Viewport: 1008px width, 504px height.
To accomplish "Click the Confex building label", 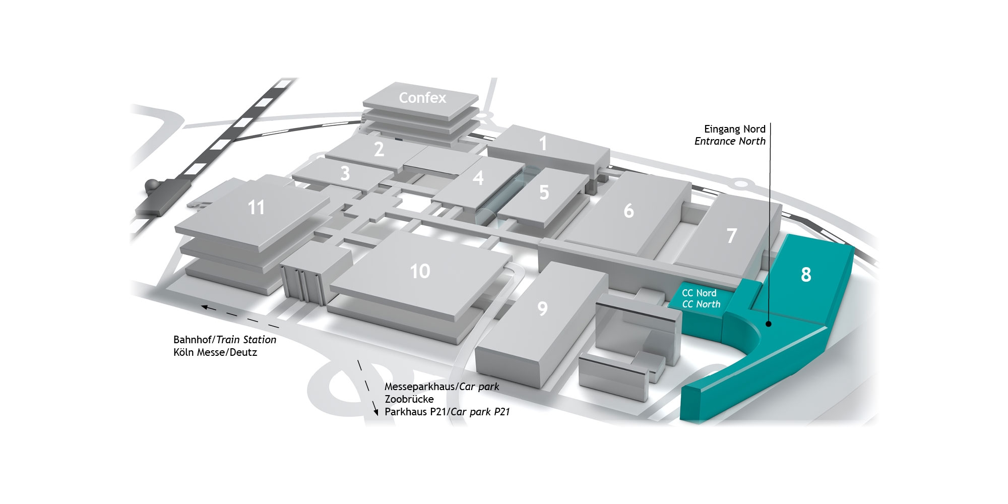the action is click(422, 98).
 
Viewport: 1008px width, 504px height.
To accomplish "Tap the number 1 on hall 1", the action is click(543, 144).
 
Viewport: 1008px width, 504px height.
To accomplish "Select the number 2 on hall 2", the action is click(379, 149).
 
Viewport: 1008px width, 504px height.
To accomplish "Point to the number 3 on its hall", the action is click(345, 173).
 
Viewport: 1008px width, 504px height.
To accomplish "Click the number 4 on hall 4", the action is click(478, 177).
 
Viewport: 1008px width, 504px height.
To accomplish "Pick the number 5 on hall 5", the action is click(544, 192).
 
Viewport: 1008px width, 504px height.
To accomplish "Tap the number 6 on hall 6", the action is click(628, 211).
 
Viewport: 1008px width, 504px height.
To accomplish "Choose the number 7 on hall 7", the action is click(731, 236).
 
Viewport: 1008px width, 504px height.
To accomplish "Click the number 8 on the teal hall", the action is click(806, 274).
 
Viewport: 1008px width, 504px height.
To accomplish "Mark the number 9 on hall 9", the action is click(542, 308).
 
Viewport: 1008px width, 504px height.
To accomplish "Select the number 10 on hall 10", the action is click(420, 271).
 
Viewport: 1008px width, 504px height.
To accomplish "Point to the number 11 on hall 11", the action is click(256, 207).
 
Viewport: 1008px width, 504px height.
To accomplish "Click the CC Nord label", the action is click(699, 293).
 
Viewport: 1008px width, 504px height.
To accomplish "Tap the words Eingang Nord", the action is click(735, 129).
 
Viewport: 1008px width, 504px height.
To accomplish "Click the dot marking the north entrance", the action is click(768, 324).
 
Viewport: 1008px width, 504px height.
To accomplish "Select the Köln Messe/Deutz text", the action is click(215, 352).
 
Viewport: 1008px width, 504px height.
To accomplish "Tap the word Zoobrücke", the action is click(409, 399).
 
